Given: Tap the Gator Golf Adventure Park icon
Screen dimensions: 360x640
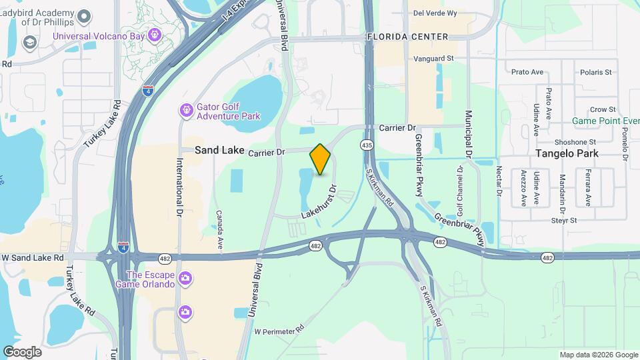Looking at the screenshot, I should [186, 109].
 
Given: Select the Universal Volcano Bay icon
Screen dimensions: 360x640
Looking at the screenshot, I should [155, 34].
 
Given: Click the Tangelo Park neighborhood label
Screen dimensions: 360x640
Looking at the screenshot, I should [567, 153].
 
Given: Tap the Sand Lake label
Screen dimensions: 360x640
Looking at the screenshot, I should [219, 151].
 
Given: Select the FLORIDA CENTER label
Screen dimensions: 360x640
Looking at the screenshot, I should [407, 37].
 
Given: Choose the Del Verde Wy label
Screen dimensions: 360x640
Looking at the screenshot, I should [435, 13].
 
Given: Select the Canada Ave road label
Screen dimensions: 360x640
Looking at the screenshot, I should [219, 230].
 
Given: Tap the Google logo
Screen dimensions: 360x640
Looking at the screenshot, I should [22, 351].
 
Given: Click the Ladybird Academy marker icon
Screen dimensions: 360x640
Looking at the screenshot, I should [84, 15].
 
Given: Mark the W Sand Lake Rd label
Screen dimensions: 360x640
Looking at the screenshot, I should [33, 257].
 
